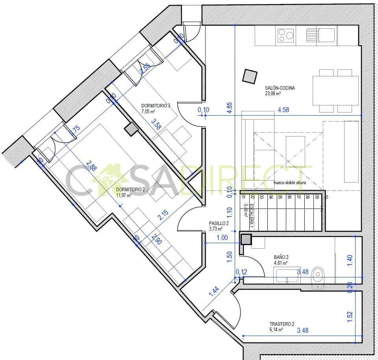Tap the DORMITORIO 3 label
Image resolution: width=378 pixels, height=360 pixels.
pyautogui.click(x=156, y=105)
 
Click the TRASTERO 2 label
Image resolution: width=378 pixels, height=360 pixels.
pyautogui.click(x=282, y=324)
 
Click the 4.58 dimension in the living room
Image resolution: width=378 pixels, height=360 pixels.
pyautogui.click(x=283, y=110)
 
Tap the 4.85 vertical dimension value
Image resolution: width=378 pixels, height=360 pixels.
pyautogui.click(x=230, y=109)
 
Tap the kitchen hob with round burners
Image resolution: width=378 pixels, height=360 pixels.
pyautogui.click(x=285, y=35)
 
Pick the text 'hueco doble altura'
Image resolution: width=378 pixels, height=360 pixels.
pyautogui.click(x=289, y=183)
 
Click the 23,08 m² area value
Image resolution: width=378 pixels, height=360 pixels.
pyautogui.click(x=272, y=94)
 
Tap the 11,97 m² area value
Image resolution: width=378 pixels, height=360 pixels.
pyautogui.click(x=125, y=194)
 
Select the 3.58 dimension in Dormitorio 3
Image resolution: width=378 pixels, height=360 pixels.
pyautogui.click(x=157, y=125)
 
